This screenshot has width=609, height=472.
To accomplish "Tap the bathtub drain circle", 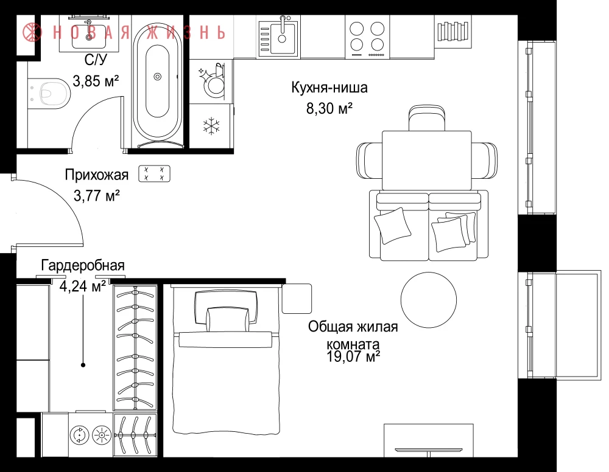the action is (157, 77).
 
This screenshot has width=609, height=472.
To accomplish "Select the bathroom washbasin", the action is (90, 34).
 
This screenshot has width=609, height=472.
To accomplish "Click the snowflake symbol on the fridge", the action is (211, 126).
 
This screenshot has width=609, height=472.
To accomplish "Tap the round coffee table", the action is (429, 300).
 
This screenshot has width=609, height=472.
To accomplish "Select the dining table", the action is (426, 161).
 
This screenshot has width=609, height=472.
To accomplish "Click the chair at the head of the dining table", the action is (426, 118).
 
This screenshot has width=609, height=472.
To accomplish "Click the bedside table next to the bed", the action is (297, 299).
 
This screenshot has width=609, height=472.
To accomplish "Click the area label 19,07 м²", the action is (353, 356).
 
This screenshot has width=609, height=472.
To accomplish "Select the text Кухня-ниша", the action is (329, 88).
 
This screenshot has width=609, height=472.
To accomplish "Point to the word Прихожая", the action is (97, 175).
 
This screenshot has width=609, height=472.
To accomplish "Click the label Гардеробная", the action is (83, 265).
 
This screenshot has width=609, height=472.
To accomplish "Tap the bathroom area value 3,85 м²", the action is (96, 81).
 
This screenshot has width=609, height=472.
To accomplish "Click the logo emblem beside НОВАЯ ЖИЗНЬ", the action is (32, 32).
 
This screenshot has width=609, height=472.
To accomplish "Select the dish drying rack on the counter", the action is (452, 32).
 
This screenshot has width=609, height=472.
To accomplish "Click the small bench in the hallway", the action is (154, 174).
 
